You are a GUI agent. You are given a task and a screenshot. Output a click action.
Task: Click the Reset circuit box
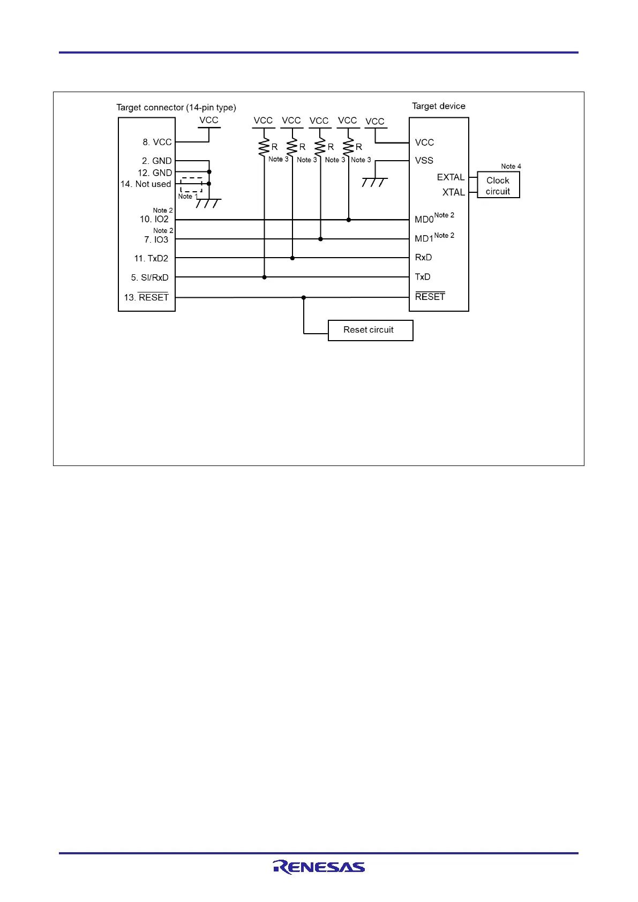pyautogui.click(x=370, y=330)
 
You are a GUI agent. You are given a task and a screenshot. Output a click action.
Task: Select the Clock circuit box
pyautogui.click(x=498, y=185)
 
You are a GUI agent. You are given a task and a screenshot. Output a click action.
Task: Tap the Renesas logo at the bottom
pyautogui.click(x=319, y=867)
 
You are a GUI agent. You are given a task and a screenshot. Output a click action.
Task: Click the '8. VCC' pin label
pyautogui.click(x=157, y=142)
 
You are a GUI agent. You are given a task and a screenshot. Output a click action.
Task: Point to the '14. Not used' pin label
pyautogui.click(x=146, y=184)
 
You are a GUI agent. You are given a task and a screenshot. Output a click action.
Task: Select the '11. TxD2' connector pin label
pyautogui.click(x=151, y=258)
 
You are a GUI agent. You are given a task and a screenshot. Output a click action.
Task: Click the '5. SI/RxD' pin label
pyautogui.click(x=149, y=277)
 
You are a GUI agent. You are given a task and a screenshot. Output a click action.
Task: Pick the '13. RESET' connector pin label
pyautogui.click(x=146, y=297)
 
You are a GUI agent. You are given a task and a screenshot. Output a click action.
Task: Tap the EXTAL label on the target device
pyautogui.click(x=451, y=177)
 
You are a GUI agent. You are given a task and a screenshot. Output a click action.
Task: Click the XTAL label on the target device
pyautogui.click(x=453, y=192)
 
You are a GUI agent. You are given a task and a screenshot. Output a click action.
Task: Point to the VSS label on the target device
pyautogui.click(x=424, y=161)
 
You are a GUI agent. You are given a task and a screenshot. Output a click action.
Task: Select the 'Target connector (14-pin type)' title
pyautogui.click(x=176, y=107)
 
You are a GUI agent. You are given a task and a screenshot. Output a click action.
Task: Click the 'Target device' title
pyautogui.click(x=438, y=106)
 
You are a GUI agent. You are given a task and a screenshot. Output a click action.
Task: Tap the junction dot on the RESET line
pyautogui.click(x=304, y=297)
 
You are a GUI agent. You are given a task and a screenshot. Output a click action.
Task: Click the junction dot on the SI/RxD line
pyautogui.click(x=264, y=277)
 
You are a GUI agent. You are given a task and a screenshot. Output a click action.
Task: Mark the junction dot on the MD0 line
pyautogui.click(x=349, y=220)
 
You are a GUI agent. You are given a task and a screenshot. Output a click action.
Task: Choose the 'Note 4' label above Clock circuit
pyautogui.click(x=511, y=167)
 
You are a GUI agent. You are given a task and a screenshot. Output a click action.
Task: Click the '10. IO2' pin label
pyautogui.click(x=154, y=219)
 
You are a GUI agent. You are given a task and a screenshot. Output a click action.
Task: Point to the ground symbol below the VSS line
pyautogui.click(x=374, y=182)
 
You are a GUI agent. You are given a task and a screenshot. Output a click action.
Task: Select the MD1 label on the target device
pyautogui.click(x=424, y=238)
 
